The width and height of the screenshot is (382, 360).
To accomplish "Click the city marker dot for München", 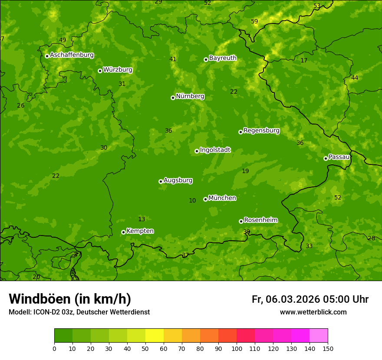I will [205, 200].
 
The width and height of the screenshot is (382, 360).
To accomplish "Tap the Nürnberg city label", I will [190, 96].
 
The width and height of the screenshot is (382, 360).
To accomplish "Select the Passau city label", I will [339, 157].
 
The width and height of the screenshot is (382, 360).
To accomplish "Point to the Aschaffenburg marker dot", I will [47, 56].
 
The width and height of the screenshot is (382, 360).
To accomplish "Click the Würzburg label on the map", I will [118, 70].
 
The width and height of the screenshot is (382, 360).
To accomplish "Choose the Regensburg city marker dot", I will [240, 132].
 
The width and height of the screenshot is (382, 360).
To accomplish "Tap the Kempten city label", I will [140, 231].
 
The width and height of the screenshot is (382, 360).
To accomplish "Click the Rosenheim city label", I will [260, 220].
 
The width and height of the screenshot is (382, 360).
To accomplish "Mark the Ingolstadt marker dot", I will [197, 151].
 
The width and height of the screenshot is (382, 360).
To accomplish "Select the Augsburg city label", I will [178, 180].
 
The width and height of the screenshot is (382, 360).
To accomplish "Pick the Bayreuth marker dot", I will [206, 59].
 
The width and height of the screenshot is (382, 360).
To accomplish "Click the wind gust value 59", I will [254, 21].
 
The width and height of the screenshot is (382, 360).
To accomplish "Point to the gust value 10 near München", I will [192, 200].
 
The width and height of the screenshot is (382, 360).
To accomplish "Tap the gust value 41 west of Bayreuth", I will [173, 59].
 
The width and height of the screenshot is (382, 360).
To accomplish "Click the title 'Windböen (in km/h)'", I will [70, 299].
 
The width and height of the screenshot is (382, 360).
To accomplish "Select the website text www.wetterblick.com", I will [313, 312].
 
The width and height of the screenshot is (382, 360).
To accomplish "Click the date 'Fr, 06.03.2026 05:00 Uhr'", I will [310, 299].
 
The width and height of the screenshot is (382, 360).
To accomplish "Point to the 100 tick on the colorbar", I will [237, 348].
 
